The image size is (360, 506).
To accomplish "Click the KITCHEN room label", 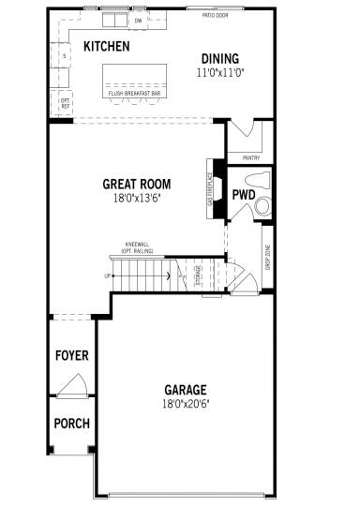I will [106, 46].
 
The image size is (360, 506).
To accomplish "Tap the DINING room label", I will [218, 58].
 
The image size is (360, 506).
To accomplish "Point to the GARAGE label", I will [186, 390].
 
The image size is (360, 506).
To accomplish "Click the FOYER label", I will [72, 356].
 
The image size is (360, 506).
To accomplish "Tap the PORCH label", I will [72, 424].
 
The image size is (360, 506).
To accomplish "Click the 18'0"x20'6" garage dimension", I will [186, 404].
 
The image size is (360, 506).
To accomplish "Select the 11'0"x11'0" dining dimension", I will [218, 72].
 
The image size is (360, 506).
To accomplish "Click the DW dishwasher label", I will [138, 20].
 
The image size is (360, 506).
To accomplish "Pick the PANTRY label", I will [250, 157].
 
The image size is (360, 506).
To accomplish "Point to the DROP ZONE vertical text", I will [267, 256].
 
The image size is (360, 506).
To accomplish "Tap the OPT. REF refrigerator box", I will [66, 103].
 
